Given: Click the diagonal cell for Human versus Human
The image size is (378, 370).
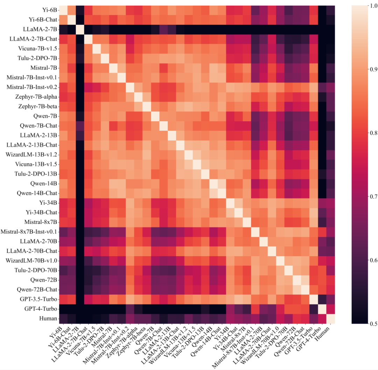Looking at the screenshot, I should pos(330,319).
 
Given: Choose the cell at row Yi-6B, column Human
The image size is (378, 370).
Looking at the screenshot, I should pos(330,9).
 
